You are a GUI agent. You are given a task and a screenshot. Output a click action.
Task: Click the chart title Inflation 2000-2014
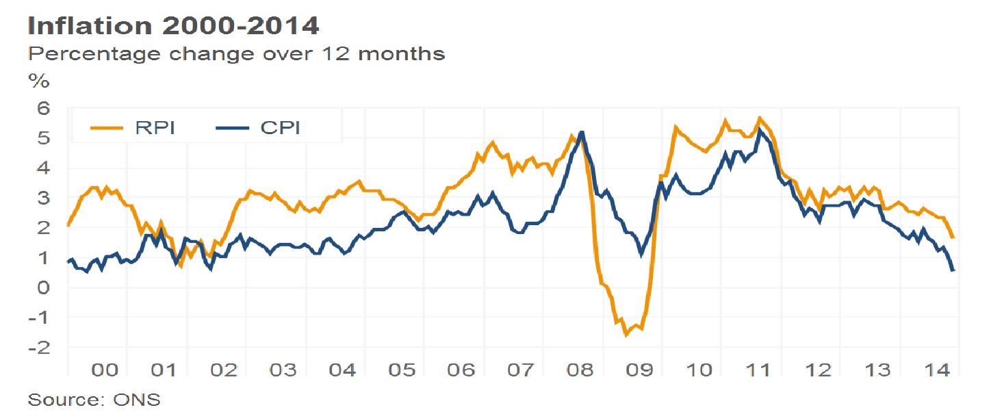(173, 26)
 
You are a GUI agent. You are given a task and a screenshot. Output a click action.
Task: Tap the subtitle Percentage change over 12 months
(236, 53)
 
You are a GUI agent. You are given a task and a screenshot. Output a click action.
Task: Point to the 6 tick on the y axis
(44, 108)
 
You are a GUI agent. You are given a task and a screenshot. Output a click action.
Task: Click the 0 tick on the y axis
(44, 287)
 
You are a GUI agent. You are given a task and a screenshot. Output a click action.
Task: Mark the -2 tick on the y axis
(39, 347)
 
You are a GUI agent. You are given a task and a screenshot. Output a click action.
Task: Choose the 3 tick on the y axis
(44, 198)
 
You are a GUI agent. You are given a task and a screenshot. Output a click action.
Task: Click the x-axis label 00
(105, 370)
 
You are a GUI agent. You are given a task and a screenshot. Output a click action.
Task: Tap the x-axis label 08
(580, 370)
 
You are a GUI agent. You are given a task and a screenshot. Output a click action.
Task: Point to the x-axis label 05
(402, 370)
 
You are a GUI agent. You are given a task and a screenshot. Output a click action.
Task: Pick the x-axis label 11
(759, 370)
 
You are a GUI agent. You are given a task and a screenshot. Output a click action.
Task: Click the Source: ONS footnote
(94, 400)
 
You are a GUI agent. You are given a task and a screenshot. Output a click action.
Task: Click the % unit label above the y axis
(39, 81)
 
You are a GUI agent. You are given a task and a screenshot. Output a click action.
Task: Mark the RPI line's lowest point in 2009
(626, 335)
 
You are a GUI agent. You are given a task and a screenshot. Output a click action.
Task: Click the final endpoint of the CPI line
(953, 270)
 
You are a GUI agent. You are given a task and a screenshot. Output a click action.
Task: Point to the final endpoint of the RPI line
(953, 237)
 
